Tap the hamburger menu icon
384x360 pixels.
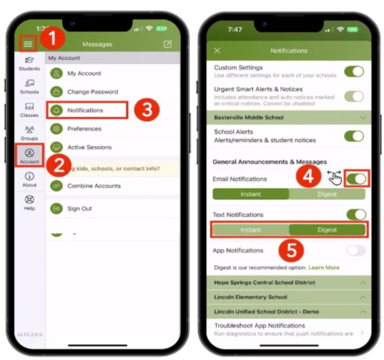click(x=28, y=44)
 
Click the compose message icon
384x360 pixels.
click(x=167, y=44)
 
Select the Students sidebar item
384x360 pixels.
click(x=29, y=64)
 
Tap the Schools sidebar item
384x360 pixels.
click(x=29, y=87)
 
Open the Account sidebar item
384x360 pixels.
click(x=29, y=157)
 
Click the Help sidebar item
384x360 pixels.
click(x=29, y=203)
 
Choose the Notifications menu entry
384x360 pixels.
click(x=86, y=110)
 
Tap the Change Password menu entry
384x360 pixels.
click(x=92, y=92)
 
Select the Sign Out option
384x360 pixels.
click(x=79, y=208)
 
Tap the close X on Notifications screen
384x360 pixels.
click(x=217, y=51)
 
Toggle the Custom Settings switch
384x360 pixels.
click(x=354, y=71)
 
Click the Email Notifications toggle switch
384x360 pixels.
click(x=356, y=179)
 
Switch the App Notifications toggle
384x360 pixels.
click(x=356, y=250)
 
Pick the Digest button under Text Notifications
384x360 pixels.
click(x=327, y=230)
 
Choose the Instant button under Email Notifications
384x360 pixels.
click(x=250, y=194)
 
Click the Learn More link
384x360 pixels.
click(x=324, y=268)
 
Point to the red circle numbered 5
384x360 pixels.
click(x=291, y=250)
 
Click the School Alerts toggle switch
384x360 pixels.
click(x=354, y=136)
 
